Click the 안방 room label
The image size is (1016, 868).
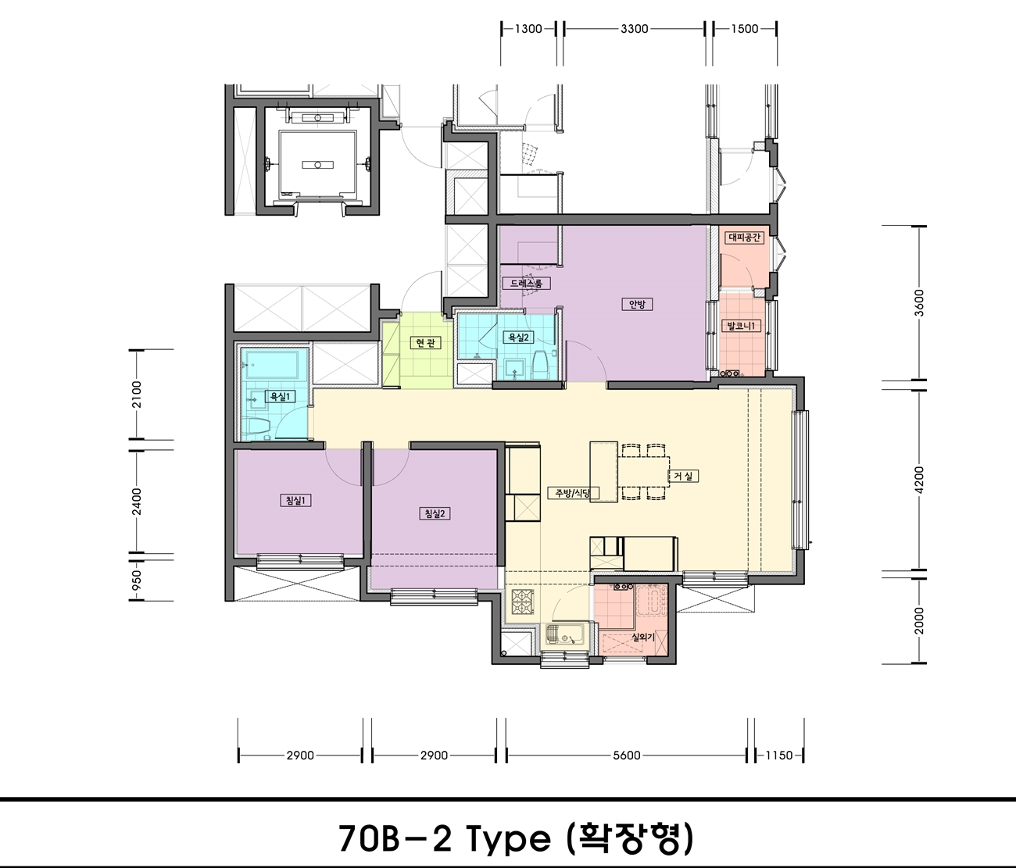point(637,304)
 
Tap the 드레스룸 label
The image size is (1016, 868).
point(527,283)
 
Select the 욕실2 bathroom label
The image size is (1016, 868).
point(518,338)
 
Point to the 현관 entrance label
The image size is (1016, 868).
point(425,342)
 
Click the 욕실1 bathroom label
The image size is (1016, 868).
point(280,396)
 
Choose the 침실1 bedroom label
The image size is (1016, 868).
point(295,501)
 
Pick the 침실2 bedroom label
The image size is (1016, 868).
point(435,513)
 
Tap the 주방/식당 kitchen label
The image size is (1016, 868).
point(574,493)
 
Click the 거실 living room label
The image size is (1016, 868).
point(683,476)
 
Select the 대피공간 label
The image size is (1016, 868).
point(744,238)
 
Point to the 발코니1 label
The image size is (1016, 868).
point(741,325)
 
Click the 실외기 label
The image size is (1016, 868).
point(643,638)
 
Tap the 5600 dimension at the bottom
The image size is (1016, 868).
point(627,755)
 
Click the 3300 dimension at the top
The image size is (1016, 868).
point(634,28)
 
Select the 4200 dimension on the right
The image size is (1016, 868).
point(919,480)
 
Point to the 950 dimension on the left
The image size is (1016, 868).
point(137,580)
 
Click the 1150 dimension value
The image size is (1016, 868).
point(779,755)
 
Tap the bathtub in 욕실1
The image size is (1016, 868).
point(271,365)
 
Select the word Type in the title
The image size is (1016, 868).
point(508,838)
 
